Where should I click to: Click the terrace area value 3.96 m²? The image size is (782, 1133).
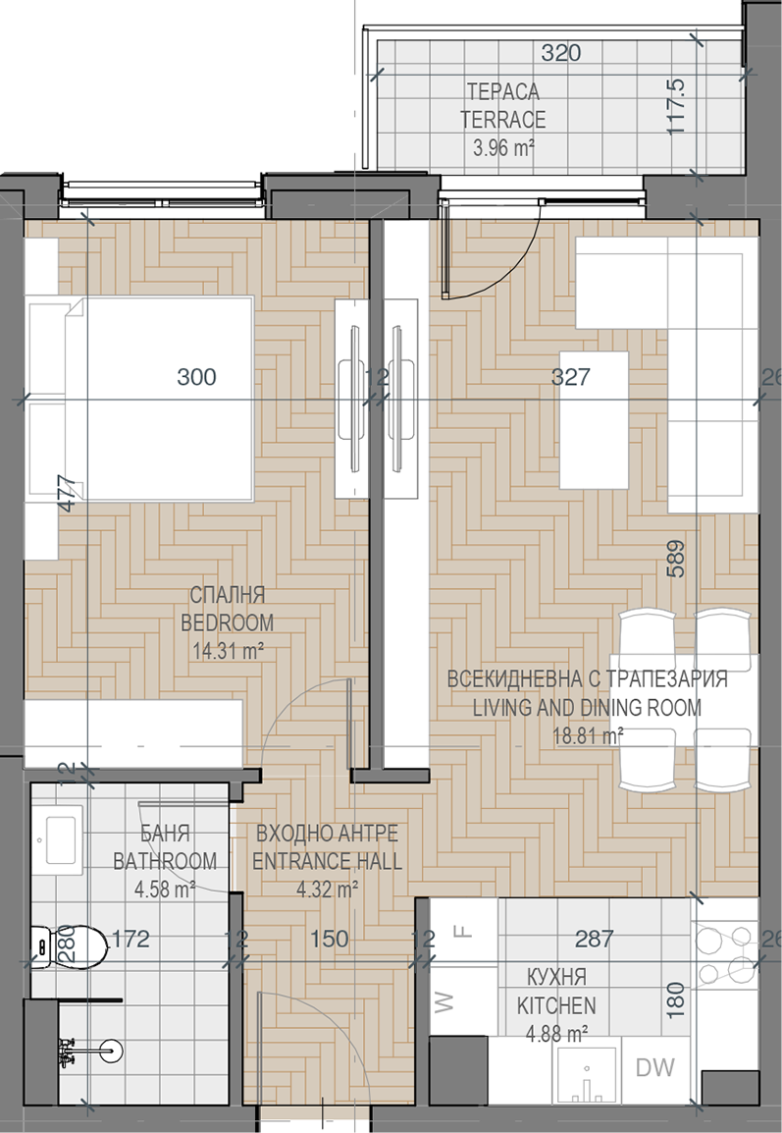pyautogui.click(x=503, y=148)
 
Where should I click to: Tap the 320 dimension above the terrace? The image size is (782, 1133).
pyautogui.click(x=561, y=53)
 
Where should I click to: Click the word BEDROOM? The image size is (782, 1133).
pyautogui.click(x=228, y=622)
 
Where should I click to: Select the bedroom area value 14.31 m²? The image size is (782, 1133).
pyautogui.click(x=228, y=650)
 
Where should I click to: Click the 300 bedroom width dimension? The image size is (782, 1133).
pyautogui.click(x=196, y=376)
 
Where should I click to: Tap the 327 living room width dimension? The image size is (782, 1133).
pyautogui.click(x=570, y=376)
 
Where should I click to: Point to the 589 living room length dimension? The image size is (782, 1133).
pyautogui.click(x=676, y=559)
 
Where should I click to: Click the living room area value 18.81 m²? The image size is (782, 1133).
pyautogui.click(x=588, y=735)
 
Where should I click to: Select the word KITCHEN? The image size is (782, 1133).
pyautogui.click(x=556, y=1005)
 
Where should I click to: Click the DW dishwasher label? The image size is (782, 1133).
pyautogui.click(x=654, y=1067)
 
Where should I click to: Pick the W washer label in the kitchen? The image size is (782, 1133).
pyautogui.click(x=444, y=1001)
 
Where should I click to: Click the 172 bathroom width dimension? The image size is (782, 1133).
pyautogui.click(x=130, y=939)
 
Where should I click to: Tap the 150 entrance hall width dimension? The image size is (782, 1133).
pyautogui.click(x=330, y=939)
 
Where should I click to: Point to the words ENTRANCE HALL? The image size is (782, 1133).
pyautogui.click(x=327, y=861)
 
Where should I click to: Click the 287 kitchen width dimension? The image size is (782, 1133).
pyautogui.click(x=595, y=939)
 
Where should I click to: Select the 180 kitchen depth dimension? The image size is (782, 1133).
pyautogui.click(x=676, y=1000)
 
